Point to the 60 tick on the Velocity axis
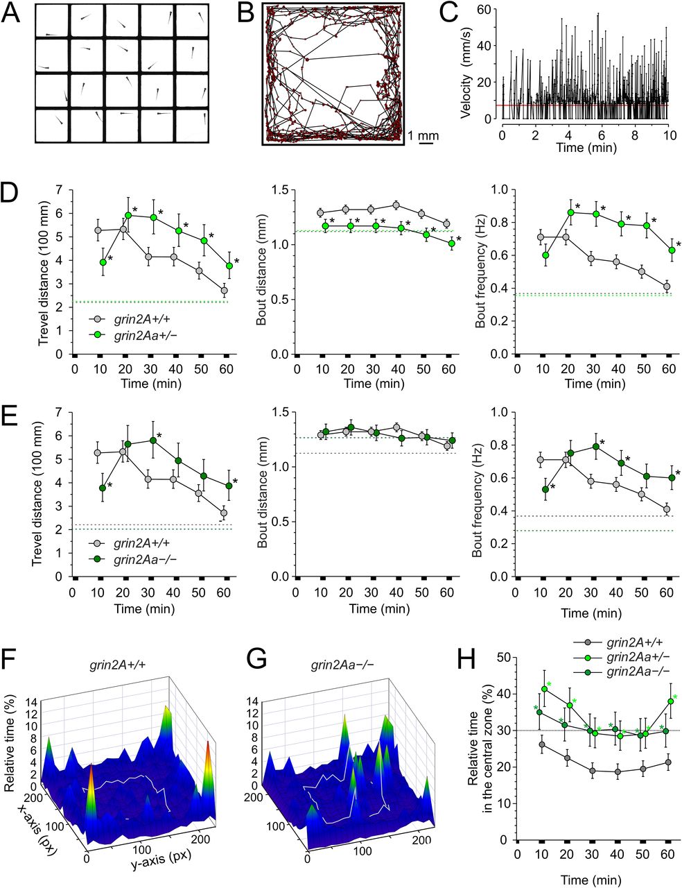click(x=489, y=9)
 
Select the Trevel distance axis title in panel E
click(x=39, y=494)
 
